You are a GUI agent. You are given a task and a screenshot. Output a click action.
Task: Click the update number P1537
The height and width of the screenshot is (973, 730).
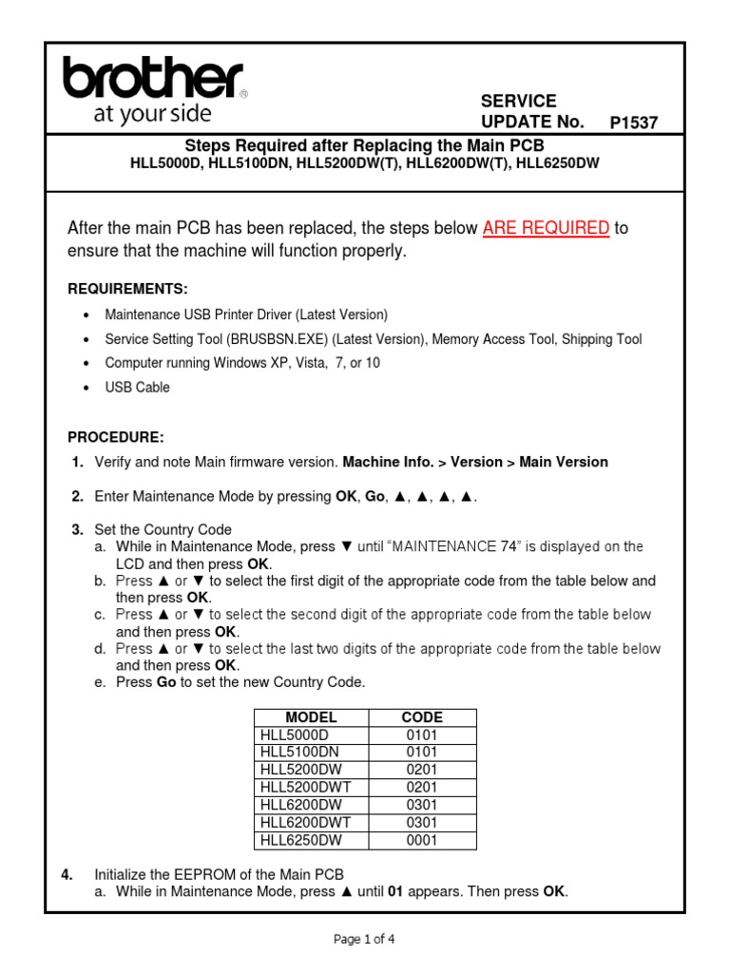point(633,123)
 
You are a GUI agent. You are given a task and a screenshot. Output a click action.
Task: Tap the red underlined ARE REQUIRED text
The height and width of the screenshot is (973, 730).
point(546,228)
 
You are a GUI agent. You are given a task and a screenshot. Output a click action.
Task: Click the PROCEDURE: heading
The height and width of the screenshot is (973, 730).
point(116,437)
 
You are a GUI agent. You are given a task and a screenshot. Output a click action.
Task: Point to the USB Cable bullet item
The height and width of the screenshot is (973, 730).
point(138,388)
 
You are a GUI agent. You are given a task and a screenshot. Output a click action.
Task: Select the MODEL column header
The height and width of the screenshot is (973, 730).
point(311,717)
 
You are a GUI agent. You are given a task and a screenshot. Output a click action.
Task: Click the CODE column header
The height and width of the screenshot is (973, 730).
point(422,717)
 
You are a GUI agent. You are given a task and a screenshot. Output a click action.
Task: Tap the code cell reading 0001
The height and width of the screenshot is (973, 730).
point(422,840)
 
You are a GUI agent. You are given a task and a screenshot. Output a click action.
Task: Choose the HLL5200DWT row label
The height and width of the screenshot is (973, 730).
point(305,788)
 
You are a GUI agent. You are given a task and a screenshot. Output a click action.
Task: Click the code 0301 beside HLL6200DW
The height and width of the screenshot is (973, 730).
point(422,805)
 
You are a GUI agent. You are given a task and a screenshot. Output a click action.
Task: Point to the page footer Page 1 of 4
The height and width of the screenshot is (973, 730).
point(364,940)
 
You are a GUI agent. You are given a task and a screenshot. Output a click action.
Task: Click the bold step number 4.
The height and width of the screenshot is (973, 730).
point(67,874)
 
